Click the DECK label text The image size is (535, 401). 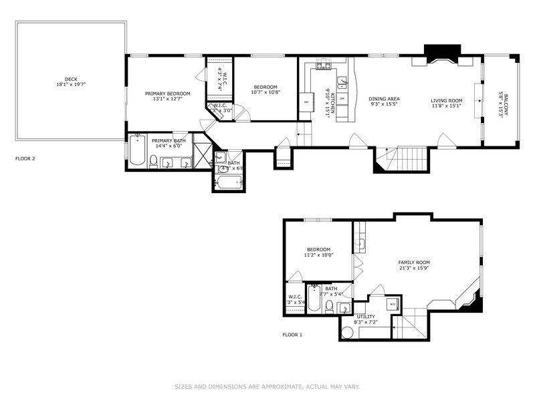click(71, 79)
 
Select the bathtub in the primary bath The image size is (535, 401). click(138, 152)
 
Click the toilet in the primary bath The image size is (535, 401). click(154, 160)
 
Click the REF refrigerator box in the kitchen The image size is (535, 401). click(306, 102)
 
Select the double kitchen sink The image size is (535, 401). click(342, 83)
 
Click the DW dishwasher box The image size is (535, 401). click(342, 99)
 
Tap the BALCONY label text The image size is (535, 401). click(506, 104)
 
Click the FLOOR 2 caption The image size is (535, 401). click(25, 158)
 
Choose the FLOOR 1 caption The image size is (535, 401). click(292, 334)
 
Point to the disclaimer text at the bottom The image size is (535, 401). click(267, 386)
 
